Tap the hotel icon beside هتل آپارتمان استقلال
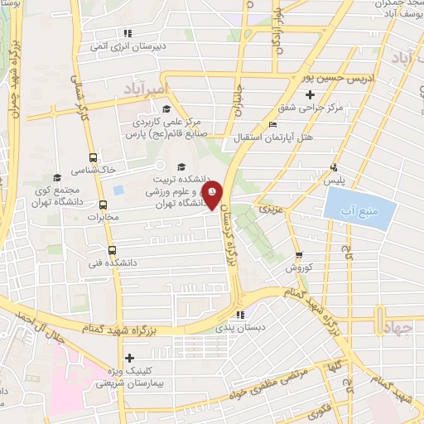coord(272,125)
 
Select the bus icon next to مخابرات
coord(103,205)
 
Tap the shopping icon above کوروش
coord(298,255)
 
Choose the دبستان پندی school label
coord(240,328)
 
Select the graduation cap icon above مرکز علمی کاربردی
coord(166,108)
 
